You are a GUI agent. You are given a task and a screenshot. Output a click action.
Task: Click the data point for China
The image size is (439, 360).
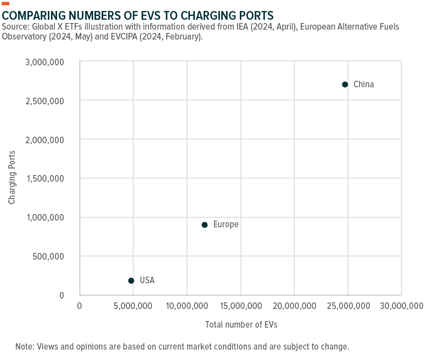345,85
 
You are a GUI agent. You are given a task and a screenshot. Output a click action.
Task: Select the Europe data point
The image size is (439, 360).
205,224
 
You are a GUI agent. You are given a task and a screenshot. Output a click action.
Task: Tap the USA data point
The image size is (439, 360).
131,280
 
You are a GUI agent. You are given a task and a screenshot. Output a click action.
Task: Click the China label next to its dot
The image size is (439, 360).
363,85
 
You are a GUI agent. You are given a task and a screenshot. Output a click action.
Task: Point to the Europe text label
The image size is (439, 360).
226,224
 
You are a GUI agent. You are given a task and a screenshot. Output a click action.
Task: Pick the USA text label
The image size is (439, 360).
147,280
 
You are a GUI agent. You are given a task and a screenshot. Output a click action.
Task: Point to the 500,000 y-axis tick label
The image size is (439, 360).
48,256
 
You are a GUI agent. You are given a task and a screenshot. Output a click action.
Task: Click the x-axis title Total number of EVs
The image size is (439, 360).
241,324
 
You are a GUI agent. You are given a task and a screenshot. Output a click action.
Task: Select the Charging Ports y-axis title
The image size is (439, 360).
12,178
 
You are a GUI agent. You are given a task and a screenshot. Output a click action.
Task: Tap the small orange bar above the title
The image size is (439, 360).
5,3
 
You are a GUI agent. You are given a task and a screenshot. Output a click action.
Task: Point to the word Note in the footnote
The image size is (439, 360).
25,347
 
